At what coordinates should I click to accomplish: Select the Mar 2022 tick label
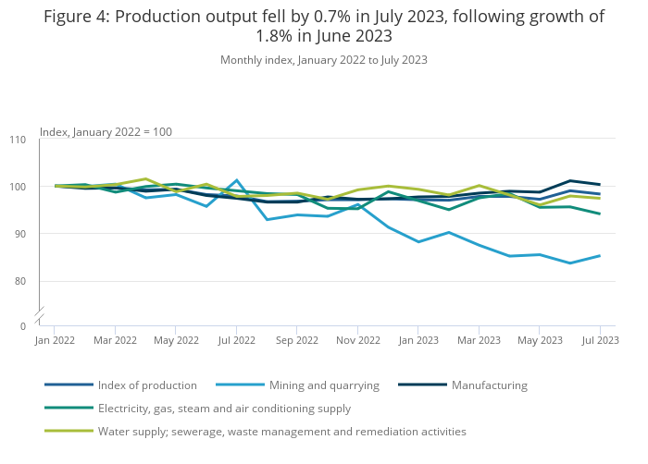(x=115, y=340)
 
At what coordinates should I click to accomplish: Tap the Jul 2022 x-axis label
(x=237, y=340)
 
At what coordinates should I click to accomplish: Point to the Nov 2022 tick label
(x=357, y=340)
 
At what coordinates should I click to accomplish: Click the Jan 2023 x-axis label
(x=417, y=340)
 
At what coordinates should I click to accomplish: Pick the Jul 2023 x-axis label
(x=600, y=340)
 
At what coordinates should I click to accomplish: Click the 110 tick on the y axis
(x=18, y=140)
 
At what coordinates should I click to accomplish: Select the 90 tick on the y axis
(x=20, y=234)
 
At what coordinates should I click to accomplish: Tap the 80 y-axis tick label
(x=20, y=281)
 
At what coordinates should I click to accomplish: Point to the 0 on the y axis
(x=24, y=326)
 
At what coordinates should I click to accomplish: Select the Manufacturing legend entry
(x=489, y=385)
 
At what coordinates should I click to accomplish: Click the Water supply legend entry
(x=282, y=432)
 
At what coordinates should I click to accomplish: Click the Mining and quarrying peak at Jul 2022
(x=237, y=180)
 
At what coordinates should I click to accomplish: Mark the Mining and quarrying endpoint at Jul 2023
(x=600, y=256)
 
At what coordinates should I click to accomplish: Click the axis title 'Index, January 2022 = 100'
(x=106, y=132)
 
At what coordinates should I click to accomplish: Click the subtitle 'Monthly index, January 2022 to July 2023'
(x=323, y=60)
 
